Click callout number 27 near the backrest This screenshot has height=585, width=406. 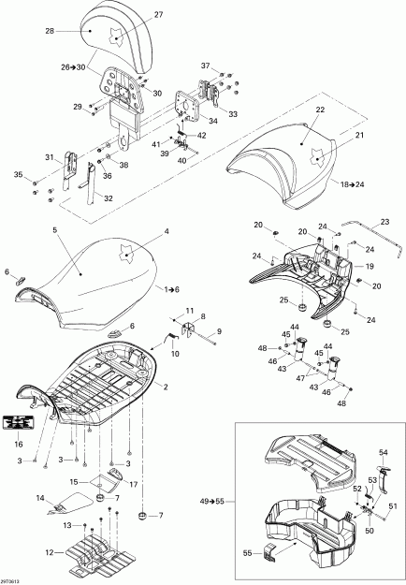pos(158,15)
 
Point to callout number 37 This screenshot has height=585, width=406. pos(206,66)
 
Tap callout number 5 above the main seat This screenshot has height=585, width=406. pos(54,229)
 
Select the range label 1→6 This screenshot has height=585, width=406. pos(174,290)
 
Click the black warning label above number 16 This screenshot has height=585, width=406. pos(21,425)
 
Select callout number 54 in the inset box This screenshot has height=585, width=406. pos(382,452)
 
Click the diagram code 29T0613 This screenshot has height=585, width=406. pos(15,579)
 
